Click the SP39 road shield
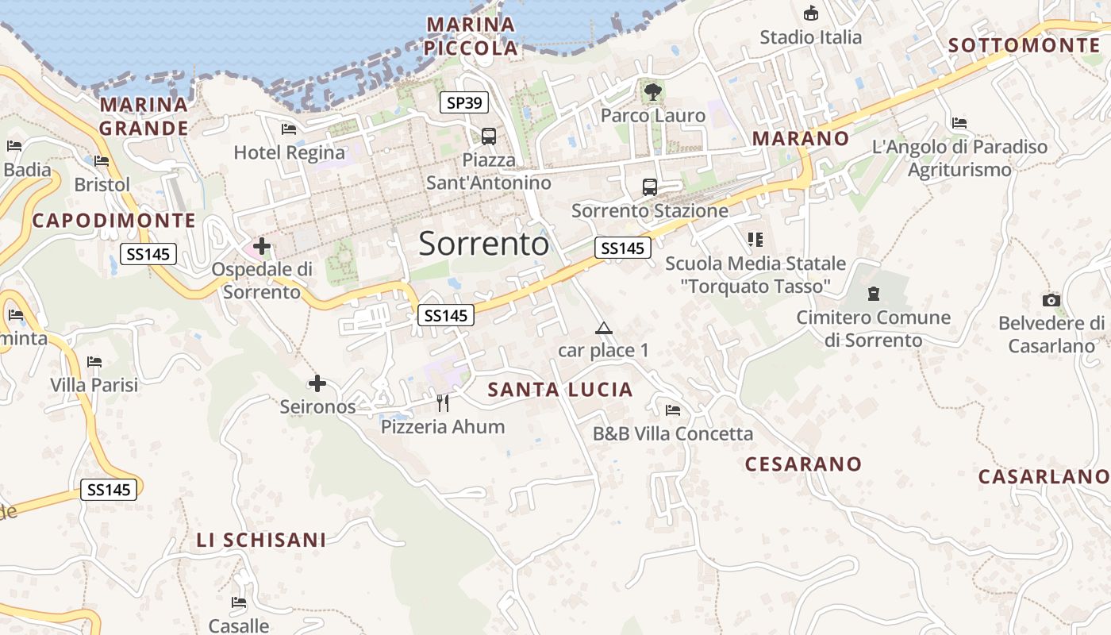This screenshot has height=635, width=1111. (x=464, y=102)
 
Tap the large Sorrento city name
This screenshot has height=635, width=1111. (x=483, y=244)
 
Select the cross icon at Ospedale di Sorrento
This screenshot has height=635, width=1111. (x=261, y=247)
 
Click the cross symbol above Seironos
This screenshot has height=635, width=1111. (x=317, y=384)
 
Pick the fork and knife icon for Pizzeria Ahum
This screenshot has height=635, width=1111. (x=443, y=403)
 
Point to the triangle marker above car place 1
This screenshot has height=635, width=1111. (x=604, y=328)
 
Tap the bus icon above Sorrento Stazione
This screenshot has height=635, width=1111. (x=649, y=187)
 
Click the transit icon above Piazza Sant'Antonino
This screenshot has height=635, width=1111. (x=488, y=136)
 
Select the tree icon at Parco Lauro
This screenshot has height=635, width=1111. (x=652, y=92)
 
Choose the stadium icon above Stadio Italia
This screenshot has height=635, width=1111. (x=810, y=13)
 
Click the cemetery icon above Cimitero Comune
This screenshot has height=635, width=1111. (x=873, y=294)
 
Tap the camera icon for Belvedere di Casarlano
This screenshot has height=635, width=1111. (x=1051, y=300)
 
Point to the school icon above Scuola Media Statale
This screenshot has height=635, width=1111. (x=755, y=239)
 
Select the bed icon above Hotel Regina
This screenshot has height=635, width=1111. (x=289, y=129)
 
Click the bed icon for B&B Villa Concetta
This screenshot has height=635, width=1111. (x=673, y=410)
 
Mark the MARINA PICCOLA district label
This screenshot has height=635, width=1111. (x=471, y=36)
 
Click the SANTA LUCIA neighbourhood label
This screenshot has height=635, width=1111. (x=560, y=390)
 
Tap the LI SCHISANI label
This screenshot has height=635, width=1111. (x=261, y=541)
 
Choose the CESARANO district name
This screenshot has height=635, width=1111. (x=803, y=464)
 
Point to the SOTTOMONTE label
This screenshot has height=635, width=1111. (x=1024, y=45)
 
